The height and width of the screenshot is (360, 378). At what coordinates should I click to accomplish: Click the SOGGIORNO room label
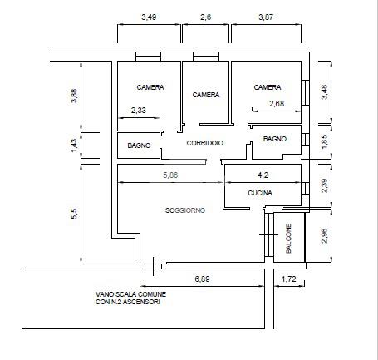pyautogui.click(x=185, y=210)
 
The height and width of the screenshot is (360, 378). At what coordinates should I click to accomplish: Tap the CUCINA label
pyautogui.click(x=260, y=193)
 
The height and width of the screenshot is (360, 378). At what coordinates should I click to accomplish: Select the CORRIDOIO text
pyautogui.click(x=205, y=143)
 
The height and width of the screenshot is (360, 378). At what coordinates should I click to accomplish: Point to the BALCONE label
pyautogui.click(x=288, y=239)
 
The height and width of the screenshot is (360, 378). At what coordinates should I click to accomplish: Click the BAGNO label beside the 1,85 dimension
pyautogui.click(x=275, y=139)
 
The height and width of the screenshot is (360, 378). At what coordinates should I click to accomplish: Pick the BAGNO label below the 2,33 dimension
pyautogui.click(x=139, y=145)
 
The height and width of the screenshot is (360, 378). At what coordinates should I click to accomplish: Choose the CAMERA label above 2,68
pyautogui.click(x=268, y=87)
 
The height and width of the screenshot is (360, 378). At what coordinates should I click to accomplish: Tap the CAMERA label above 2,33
pyautogui.click(x=150, y=87)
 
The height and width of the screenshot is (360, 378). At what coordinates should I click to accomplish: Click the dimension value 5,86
pyautogui.click(x=170, y=175)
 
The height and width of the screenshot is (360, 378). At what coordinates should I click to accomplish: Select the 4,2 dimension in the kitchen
pyautogui.click(x=263, y=175)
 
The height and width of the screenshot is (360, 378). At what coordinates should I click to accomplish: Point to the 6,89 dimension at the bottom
pyautogui.click(x=202, y=279)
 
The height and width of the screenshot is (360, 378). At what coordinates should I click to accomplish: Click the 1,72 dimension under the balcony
pyautogui.click(x=289, y=279)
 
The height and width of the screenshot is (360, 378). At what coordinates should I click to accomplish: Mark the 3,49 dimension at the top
pyautogui.click(x=149, y=17)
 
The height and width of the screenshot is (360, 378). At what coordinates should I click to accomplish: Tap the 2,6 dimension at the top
pyautogui.click(x=206, y=17)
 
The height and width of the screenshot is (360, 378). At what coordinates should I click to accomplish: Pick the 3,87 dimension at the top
pyautogui.click(x=266, y=17)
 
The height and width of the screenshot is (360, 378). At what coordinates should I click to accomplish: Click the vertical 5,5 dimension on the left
pyautogui.click(x=74, y=214)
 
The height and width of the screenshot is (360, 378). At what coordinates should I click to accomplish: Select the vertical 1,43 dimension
pyautogui.click(x=74, y=145)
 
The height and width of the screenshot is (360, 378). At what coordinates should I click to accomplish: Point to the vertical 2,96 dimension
pyautogui.click(x=324, y=236)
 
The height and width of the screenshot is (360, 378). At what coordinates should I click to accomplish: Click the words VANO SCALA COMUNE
pyautogui.click(x=130, y=294)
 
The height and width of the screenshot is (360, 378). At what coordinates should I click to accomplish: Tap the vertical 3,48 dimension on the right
pyautogui.click(x=324, y=92)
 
